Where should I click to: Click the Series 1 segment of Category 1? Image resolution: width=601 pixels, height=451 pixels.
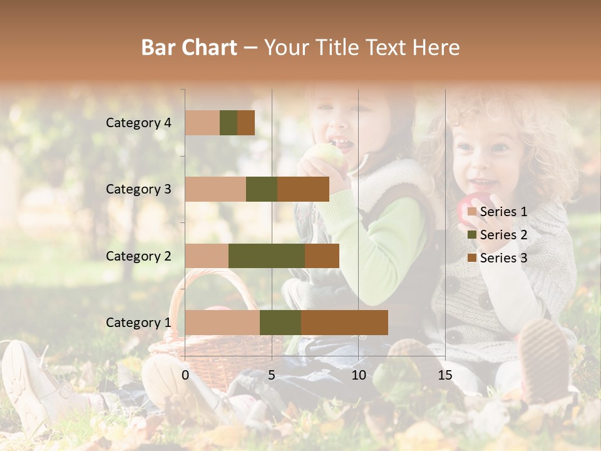coord(222,322)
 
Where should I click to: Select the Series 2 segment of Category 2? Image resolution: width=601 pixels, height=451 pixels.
coord(267,256)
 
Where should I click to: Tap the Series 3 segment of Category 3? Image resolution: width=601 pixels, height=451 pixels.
coord(303,189)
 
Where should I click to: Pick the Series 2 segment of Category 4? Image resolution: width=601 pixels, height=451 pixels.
coord(229,123)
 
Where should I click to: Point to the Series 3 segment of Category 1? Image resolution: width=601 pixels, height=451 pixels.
coord(344,322)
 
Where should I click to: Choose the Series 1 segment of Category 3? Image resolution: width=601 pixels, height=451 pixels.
coord(215,189)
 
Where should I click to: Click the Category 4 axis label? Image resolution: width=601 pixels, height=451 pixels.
coord(138,123)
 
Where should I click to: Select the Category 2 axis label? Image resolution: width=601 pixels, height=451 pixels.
coord(138,256)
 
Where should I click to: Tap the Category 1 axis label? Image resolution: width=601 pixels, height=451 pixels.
coord(138,323)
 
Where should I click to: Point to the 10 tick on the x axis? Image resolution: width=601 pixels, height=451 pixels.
coord(358,375)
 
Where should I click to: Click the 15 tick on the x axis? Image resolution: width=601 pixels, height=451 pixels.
coord(444,375)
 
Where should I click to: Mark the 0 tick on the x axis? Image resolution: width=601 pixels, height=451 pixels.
coord(185,375)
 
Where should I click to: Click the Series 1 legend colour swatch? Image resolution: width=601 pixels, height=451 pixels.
coord(471,212)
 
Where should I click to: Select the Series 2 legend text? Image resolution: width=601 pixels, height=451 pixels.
coord(503,235)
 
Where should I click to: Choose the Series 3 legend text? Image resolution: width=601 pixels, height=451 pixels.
coord(503,258)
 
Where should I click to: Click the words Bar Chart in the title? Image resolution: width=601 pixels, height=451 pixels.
coord(189,48)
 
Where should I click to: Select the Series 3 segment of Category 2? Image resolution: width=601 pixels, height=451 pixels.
coord(322,256)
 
